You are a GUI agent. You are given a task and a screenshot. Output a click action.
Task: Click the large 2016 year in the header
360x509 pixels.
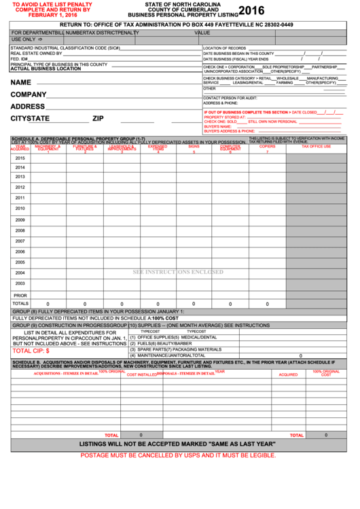[x=251, y=10]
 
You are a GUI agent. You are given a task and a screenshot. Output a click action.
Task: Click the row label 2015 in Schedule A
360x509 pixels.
[x=20, y=158]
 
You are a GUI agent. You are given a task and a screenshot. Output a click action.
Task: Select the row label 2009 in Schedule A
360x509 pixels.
[x=20, y=220]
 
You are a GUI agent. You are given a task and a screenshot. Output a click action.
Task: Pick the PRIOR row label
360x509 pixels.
[x=20, y=295]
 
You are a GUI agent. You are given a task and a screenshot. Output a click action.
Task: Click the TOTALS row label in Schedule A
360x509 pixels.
[x=20, y=304]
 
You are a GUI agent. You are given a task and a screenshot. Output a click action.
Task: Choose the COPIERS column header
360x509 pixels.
[x=268, y=146]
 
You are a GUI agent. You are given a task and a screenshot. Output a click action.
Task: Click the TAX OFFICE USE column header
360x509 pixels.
[x=316, y=146]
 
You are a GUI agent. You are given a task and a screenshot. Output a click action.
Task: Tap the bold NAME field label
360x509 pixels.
[x=21, y=83]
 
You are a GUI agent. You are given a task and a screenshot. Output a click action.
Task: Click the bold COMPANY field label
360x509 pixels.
[x=29, y=94]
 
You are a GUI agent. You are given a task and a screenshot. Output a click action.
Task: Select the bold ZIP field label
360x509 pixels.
[x=98, y=118]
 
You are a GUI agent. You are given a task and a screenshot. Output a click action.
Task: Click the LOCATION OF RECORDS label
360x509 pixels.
[x=224, y=48]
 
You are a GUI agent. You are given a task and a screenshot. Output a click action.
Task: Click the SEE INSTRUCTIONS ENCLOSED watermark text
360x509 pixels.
[x=178, y=272]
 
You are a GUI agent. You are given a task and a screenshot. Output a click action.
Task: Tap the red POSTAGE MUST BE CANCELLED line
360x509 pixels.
[x=178, y=455]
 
